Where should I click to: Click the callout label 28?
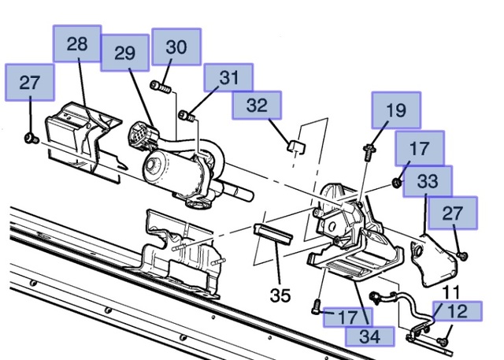click(x=77, y=44)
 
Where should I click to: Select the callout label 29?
click(x=125, y=53)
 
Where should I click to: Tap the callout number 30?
click(x=176, y=47)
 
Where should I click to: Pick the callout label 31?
click(x=228, y=78)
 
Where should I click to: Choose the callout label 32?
click(x=257, y=105)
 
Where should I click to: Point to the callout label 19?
click(x=396, y=110)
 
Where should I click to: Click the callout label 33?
click(x=428, y=181)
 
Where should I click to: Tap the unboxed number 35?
click(x=280, y=295)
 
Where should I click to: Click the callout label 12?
click(x=457, y=312)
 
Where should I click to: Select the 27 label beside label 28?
click(x=30, y=83)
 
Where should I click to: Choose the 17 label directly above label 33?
click(x=420, y=147)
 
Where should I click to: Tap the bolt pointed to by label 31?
click(x=186, y=117)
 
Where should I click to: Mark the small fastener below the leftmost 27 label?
click(x=29, y=139)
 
